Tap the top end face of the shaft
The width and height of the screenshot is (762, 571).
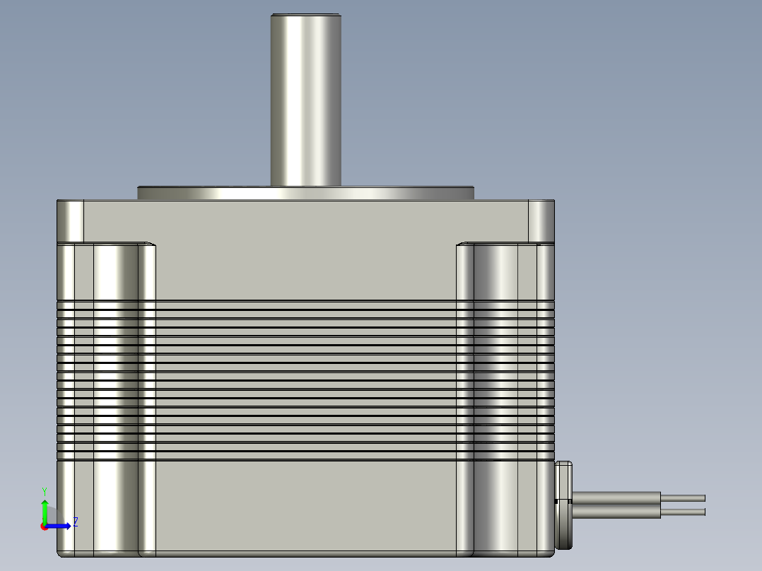tap(306, 15)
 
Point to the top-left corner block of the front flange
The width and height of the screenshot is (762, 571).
tap(70, 220)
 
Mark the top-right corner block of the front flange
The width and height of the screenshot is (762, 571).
tap(541, 220)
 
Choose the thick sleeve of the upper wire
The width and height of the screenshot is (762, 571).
tap(615, 498)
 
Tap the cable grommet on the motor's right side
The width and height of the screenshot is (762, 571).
tap(563, 505)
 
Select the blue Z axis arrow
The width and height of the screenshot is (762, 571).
tap(60, 525)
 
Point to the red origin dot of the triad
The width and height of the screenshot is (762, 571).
tap(44, 526)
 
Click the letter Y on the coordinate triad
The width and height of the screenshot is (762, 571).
tap(44, 490)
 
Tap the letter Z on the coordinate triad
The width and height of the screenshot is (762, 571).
tap(75, 522)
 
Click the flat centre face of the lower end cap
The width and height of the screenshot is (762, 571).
tap(306, 505)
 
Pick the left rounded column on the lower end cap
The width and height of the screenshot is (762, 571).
tap(115, 505)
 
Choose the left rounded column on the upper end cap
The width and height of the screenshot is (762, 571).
tap(115, 272)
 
